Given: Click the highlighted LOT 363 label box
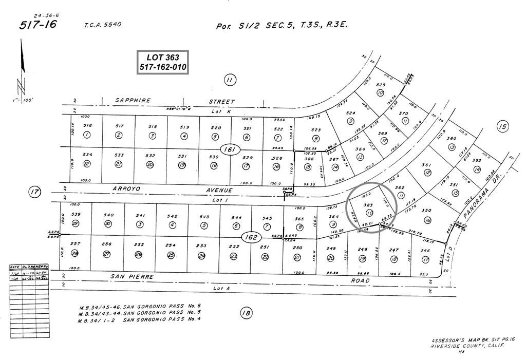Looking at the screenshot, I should point(163,62).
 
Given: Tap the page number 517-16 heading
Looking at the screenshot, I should point(39,26).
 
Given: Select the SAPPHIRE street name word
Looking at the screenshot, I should point(133,101).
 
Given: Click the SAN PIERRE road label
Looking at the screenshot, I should point(133,276).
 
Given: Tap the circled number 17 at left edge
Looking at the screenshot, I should point(34,193).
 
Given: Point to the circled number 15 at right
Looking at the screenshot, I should point(502,126).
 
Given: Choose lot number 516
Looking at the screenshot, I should point(87,126).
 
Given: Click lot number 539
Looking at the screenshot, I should point(76,215).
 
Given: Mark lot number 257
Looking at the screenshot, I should point(76,244).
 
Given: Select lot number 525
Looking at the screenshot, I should point(381,85).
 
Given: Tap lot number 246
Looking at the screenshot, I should point(424,251).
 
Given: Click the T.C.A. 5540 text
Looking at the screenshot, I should point(103,25).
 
